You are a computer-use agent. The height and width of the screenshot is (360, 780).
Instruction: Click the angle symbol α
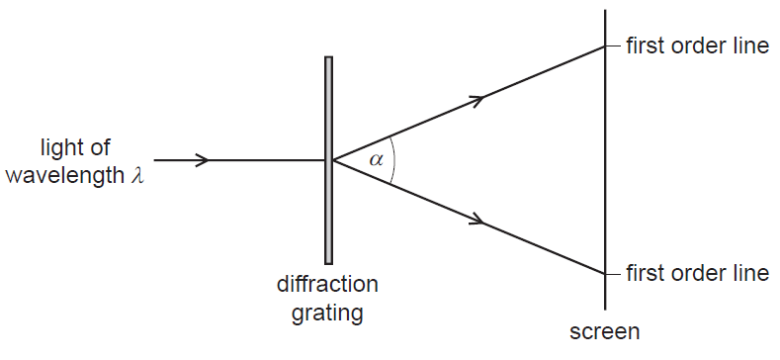[375, 159]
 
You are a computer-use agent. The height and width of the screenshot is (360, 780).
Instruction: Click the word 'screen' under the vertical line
[605, 330]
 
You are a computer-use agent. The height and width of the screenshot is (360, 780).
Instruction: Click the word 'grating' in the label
[328, 314]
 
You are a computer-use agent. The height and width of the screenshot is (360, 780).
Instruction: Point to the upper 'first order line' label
[697, 47]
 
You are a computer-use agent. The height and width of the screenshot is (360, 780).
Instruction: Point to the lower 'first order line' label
[697, 273]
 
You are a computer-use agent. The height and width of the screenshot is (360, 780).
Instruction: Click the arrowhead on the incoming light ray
[203, 160]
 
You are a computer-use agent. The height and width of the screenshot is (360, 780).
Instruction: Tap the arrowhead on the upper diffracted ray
[478, 99]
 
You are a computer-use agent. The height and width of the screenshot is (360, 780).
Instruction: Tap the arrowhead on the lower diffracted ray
[478, 221]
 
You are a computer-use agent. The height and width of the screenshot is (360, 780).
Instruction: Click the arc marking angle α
[393, 160]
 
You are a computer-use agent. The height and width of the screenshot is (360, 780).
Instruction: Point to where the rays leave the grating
[334, 160]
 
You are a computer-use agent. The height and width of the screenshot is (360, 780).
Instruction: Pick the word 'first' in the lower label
[645, 273]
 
